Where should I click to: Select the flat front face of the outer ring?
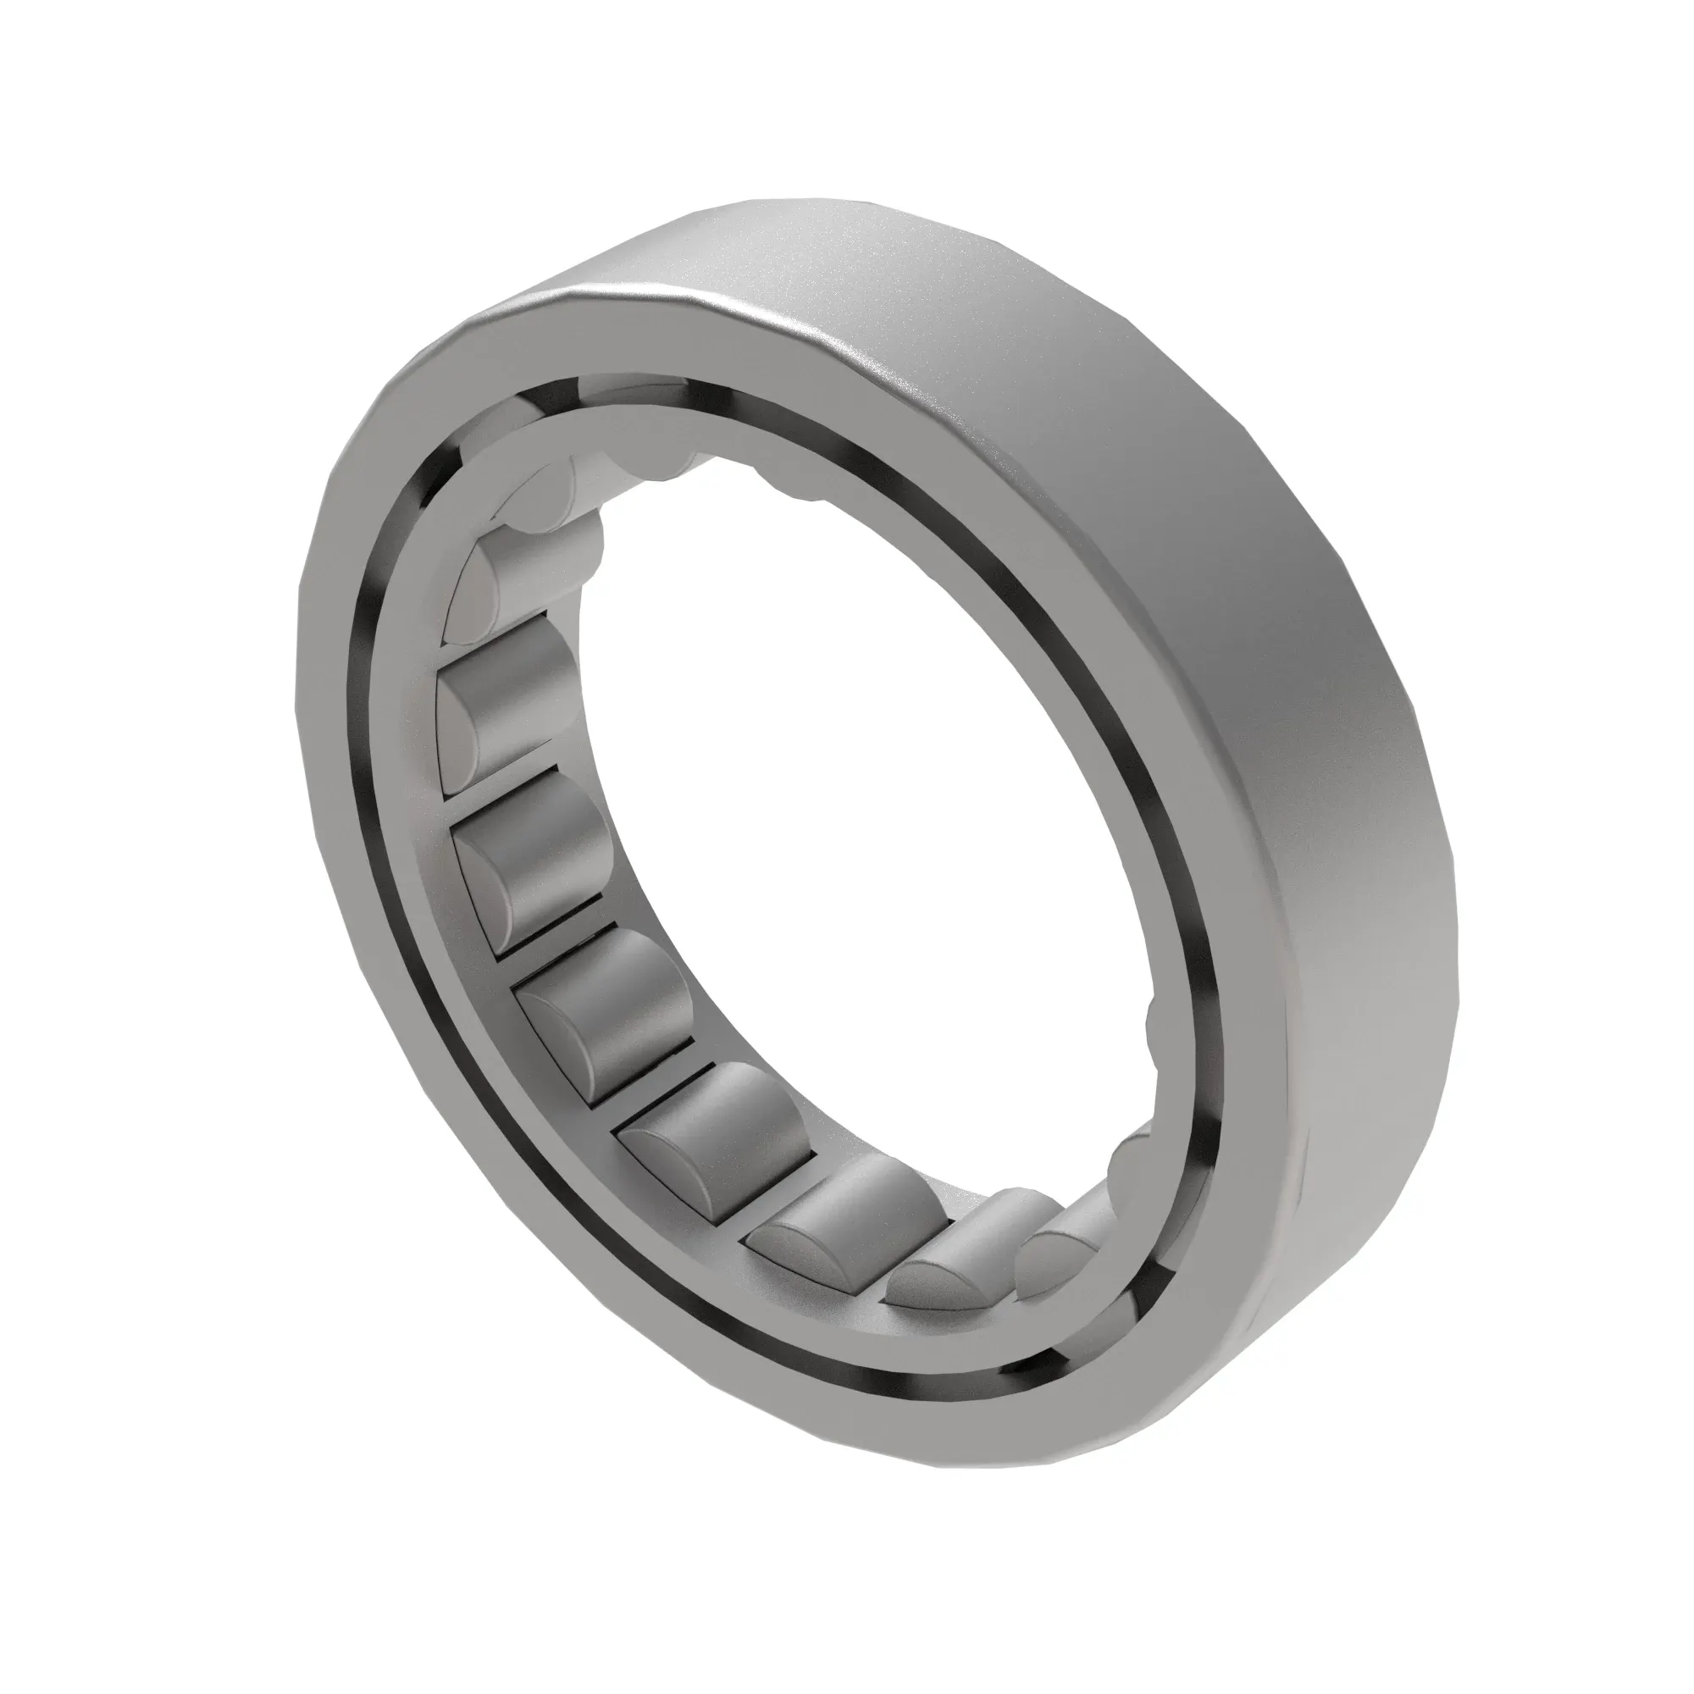[x=368, y=789]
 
